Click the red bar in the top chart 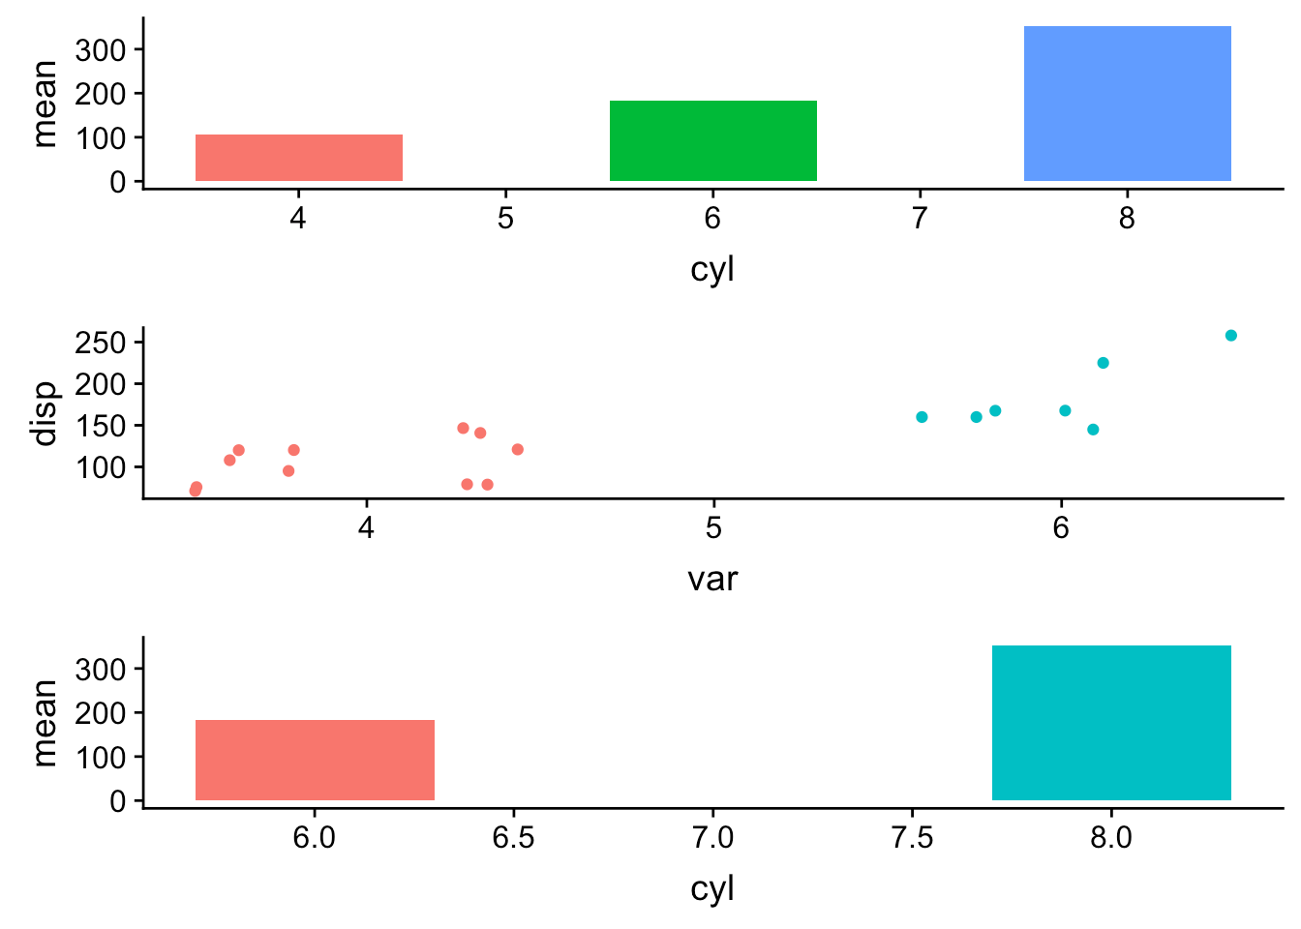coord(298,158)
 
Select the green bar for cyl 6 coord(712,140)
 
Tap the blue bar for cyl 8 coord(1127,104)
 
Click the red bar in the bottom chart coord(315,760)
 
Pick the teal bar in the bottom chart coord(1111,723)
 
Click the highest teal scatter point coord(1231,336)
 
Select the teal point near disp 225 coord(1103,363)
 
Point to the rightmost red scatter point coord(518,449)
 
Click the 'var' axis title coord(712,579)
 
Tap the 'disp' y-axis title coord(45,413)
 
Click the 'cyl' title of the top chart coord(712,269)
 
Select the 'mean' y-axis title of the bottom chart coord(45,722)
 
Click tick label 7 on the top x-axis coord(920,219)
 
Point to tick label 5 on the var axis coord(713,528)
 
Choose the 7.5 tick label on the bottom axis coord(912,838)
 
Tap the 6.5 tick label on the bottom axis coord(513,838)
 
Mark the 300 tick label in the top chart coord(101,49)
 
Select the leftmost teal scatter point coord(922,417)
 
